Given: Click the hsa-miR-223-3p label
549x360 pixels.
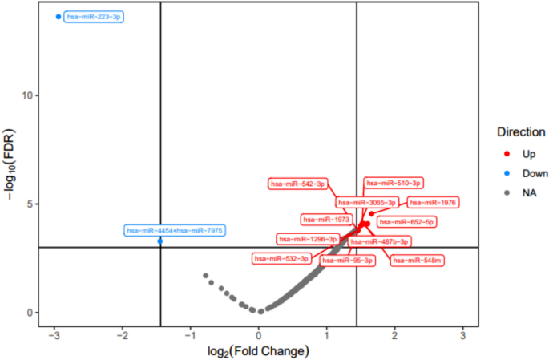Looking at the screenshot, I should pos(93,17).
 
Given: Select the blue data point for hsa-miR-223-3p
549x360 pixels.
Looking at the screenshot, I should pos(58,17).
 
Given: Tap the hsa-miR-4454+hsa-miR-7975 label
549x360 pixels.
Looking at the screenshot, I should pos(175,231).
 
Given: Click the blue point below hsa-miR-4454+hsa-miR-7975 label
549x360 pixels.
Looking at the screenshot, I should pos(160,241).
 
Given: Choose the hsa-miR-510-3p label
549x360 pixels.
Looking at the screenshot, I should pos(393,184).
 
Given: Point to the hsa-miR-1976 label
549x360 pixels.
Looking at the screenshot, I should pos(432,203).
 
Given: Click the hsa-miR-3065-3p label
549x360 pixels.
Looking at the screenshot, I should pos(365,203).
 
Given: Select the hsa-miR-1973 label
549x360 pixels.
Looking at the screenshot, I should pos(325,219).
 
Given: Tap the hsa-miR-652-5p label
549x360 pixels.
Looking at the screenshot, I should pos(406,221).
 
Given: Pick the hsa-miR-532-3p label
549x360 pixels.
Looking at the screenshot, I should pos(281,258).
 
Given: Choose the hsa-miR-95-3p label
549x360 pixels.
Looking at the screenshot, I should pos(347,260).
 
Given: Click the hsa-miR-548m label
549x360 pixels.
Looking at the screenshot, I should pos(417,260).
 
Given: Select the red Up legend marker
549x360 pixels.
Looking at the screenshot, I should pos(506,153).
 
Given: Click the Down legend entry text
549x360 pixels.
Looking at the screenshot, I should pos(535,173).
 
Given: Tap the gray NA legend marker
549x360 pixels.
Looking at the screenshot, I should pos(506,193).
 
